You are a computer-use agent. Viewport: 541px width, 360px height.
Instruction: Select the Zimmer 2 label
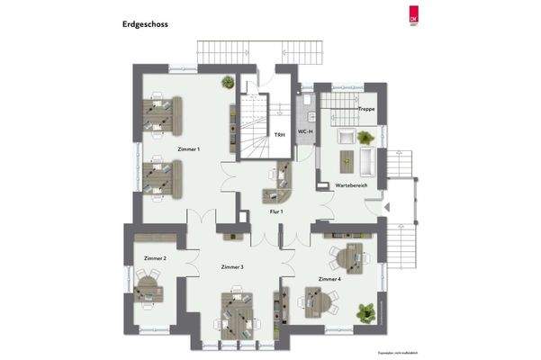(154, 258)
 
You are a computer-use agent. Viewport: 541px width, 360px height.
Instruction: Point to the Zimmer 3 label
(232, 267)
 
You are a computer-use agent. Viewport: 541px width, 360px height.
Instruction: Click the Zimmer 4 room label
(330, 279)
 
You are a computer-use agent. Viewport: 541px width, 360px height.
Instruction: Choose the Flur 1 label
(276, 211)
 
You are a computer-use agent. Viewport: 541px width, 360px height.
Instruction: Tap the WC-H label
(305, 132)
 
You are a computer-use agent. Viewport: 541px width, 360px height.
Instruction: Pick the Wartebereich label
(350, 184)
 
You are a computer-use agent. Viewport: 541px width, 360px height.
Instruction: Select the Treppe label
(366, 109)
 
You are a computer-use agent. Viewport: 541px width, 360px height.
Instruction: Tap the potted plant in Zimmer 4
(365, 312)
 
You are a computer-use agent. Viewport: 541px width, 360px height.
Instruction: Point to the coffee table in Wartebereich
(346, 160)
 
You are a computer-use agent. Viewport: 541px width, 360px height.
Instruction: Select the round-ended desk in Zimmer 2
(150, 290)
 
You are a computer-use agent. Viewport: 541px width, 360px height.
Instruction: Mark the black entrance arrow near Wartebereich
(385, 208)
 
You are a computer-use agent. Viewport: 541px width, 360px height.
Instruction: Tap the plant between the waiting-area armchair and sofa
(365, 138)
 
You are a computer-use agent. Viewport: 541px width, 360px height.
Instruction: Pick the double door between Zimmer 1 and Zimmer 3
(200, 218)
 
